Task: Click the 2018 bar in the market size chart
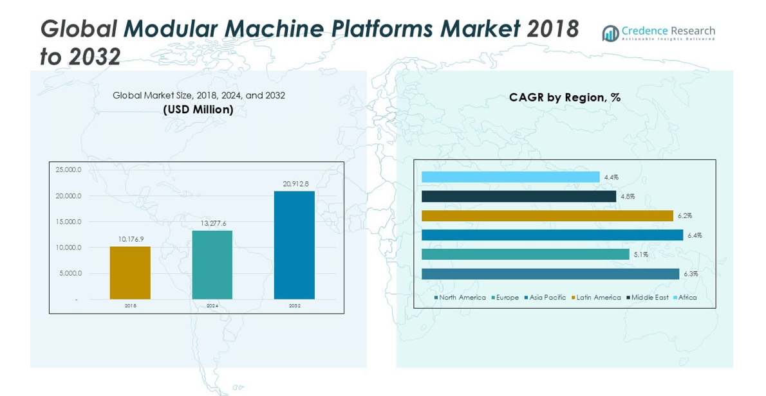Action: [x=130, y=273]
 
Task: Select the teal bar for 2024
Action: [x=212, y=265]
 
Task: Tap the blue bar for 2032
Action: [x=294, y=245]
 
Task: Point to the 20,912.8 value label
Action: [x=295, y=184]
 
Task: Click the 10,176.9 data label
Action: [x=131, y=239]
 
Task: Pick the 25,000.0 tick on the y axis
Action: [x=68, y=170]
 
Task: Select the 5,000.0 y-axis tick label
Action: [x=70, y=273]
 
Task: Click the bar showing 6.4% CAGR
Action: [x=552, y=235]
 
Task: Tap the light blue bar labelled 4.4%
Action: [x=510, y=177]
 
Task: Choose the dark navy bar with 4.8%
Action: [x=519, y=196]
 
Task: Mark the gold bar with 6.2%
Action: [x=547, y=216]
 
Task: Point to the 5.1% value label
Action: [x=640, y=255]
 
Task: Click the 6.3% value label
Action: [x=691, y=274]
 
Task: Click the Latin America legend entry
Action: [x=598, y=298]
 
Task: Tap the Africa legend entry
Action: [x=687, y=298]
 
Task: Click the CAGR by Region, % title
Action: [x=565, y=98]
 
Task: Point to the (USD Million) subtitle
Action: [x=198, y=110]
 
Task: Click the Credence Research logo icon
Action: [x=610, y=33]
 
